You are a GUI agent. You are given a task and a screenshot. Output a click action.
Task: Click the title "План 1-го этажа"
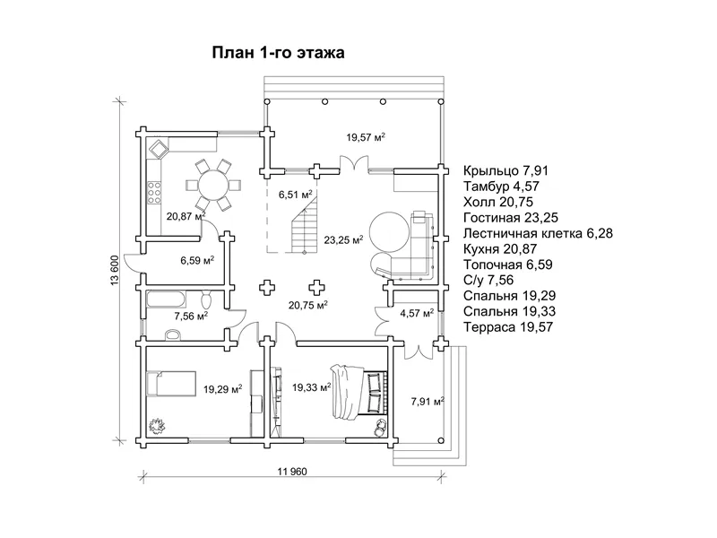(278, 53)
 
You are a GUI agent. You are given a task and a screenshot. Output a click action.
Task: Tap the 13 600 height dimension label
(115, 271)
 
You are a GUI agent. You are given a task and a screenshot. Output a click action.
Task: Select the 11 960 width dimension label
(292, 472)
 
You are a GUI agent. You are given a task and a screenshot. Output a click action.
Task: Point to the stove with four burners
(154, 192)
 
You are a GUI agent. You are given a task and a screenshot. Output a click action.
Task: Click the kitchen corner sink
(159, 148)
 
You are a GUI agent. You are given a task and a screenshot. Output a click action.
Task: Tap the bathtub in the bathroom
(166, 299)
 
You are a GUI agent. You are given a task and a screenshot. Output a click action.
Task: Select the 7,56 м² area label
(191, 316)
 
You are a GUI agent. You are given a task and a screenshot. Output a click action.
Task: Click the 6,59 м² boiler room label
(197, 261)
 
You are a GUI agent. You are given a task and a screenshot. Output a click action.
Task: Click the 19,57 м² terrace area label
(366, 137)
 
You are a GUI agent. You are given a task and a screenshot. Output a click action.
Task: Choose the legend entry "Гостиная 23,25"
(510, 218)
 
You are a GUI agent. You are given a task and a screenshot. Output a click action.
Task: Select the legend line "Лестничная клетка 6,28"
(538, 233)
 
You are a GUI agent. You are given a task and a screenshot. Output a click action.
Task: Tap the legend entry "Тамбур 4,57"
(501, 187)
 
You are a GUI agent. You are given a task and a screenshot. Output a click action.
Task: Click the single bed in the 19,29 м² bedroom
(171, 384)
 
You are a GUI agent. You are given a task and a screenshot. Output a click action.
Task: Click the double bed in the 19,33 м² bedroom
(360, 391)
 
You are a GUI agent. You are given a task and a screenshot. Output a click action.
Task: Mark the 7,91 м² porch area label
(428, 402)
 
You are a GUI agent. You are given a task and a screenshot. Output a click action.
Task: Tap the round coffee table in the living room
(389, 231)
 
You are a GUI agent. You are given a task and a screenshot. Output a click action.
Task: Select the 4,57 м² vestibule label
(417, 313)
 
